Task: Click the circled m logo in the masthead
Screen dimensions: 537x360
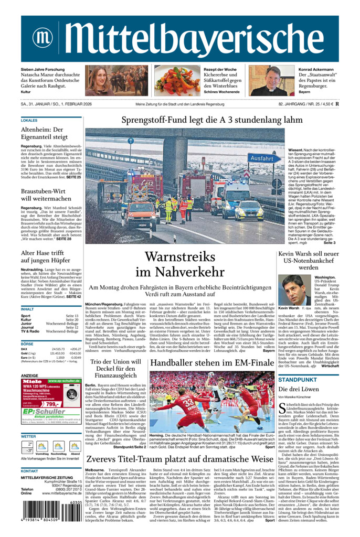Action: [x=42, y=38]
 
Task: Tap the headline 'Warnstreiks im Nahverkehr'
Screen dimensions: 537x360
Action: [x=180, y=264]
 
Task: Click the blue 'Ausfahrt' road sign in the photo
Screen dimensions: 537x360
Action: [x=261, y=158]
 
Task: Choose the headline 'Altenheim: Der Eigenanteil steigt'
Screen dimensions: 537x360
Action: [x=42, y=133]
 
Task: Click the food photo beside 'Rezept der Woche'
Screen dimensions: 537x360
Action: [x=177, y=81]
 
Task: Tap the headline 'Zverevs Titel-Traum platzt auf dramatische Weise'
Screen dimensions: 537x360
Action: [x=180, y=459]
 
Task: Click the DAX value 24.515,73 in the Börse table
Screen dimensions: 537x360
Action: [x=59, y=349]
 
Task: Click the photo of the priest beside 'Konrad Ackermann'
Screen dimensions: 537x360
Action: [x=271, y=81]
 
